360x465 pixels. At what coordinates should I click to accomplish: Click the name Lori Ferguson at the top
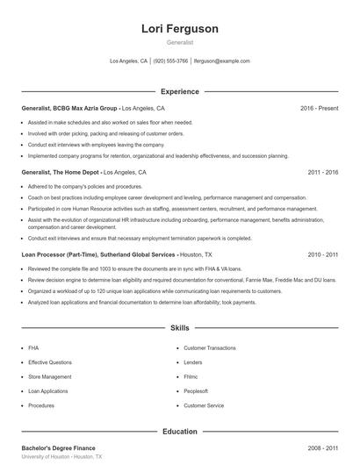[180, 29]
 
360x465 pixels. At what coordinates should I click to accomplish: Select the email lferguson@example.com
[222, 61]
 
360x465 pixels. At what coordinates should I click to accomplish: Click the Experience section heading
[180, 91]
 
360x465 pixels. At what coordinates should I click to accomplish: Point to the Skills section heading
[180, 328]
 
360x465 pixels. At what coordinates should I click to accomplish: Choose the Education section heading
[180, 432]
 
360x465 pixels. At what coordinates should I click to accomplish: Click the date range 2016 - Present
[319, 108]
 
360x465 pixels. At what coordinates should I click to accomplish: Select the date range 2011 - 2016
[322, 173]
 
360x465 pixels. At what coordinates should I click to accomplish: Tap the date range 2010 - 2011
[322, 254]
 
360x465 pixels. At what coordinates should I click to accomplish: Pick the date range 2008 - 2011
[322, 447]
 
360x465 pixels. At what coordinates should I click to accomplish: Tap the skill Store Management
[50, 376]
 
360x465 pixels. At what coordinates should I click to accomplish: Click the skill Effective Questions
[50, 361]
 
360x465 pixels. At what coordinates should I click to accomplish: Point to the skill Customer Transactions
[209, 347]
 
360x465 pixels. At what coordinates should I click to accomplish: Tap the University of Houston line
[61, 457]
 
